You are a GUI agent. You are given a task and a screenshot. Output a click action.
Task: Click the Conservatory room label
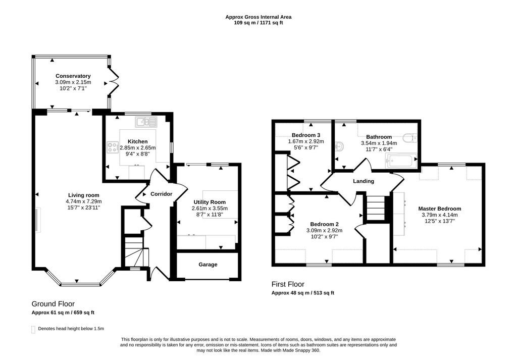pyautogui.click(x=73, y=76)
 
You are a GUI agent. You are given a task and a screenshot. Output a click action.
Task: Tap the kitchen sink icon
pyautogui.click(x=146, y=122)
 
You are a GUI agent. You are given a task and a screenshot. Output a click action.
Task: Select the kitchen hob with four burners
pyautogui.click(x=113, y=147)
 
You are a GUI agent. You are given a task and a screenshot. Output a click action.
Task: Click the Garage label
pyautogui.click(x=208, y=265)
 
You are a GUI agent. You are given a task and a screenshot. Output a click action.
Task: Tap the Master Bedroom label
pyautogui.click(x=440, y=209)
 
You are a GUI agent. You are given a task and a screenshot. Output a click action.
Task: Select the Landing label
pyautogui.click(x=364, y=181)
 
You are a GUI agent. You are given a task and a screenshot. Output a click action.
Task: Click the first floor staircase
pyautogui.click(x=376, y=208)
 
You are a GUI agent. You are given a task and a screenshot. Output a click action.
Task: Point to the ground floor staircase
pyautogui.click(x=135, y=252)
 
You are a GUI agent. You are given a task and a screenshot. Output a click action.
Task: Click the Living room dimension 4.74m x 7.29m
pyautogui.click(x=84, y=201)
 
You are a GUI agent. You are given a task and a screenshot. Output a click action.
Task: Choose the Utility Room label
pyautogui.click(x=210, y=202)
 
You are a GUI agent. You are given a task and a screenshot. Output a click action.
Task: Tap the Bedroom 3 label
pyautogui.click(x=306, y=135)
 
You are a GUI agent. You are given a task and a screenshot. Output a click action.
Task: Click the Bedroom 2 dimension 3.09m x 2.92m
pyautogui.click(x=325, y=230)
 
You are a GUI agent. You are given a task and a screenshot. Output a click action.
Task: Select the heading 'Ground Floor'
pyautogui.click(x=53, y=304)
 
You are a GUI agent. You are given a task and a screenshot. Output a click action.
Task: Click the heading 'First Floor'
pyautogui.click(x=288, y=284)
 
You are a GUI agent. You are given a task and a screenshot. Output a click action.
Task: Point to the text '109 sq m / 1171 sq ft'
pyautogui.click(x=258, y=23)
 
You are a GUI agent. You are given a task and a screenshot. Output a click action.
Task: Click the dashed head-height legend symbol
pyautogui.click(x=33, y=329)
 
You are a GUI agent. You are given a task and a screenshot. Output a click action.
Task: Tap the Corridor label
pyautogui.click(x=161, y=194)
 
